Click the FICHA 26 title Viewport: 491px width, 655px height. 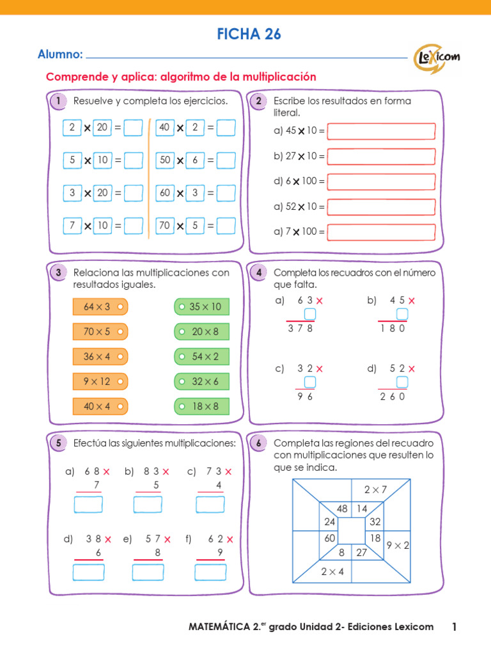pyautogui.click(x=245, y=35)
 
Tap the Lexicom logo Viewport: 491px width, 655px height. pyautogui.click(x=437, y=56)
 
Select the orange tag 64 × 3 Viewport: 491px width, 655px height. pyautogui.click(x=100, y=307)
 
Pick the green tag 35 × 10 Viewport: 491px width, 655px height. pyautogui.click(x=201, y=307)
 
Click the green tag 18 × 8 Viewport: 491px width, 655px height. pyautogui.click(x=201, y=406)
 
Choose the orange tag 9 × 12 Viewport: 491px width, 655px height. pyautogui.click(x=100, y=381)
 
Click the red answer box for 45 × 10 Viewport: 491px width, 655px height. pyautogui.click(x=381, y=131)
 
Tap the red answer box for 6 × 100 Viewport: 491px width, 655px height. pyautogui.click(x=381, y=182)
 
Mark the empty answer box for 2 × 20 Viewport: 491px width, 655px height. pyautogui.click(x=133, y=128)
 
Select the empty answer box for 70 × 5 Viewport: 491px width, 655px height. pyautogui.click(x=226, y=226)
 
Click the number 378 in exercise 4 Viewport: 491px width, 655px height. pyautogui.click(x=300, y=328)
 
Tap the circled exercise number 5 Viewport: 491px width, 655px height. pyautogui.click(x=58, y=443)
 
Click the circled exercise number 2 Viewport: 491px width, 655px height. pyautogui.click(x=258, y=101)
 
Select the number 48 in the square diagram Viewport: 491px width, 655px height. pyautogui.click(x=342, y=509)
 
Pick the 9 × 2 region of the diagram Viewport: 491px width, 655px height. pyautogui.click(x=398, y=546)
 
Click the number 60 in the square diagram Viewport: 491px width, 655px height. pyautogui.click(x=330, y=539)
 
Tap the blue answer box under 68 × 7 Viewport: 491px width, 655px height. pyautogui.click(x=88, y=505)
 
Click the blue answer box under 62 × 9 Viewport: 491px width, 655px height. pyautogui.click(x=210, y=572)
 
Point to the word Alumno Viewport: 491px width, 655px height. pyautogui.click(x=60, y=55)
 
